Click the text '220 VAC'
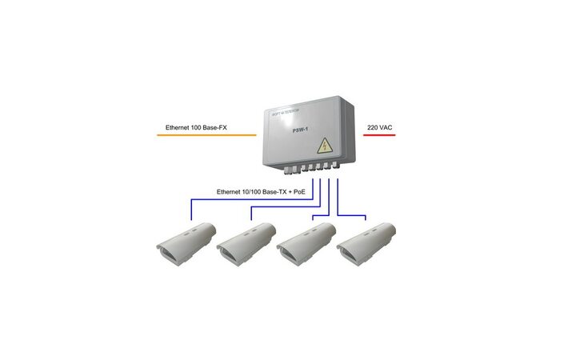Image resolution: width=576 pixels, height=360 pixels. [380, 127]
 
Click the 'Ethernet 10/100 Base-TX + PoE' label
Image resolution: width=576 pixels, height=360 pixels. [262, 192]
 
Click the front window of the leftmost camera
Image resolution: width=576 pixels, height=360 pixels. [170, 255]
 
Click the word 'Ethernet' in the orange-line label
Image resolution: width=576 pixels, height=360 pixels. [178, 127]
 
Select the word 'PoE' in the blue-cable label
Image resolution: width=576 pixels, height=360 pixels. [298, 192]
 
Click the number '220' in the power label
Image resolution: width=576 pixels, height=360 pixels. [374, 127]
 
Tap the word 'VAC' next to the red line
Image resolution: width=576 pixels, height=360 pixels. [387, 127]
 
